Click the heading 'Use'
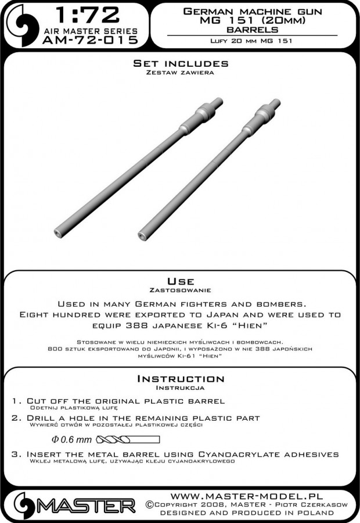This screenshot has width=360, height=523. click(179, 280)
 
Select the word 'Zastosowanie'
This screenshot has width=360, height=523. click(179, 289)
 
